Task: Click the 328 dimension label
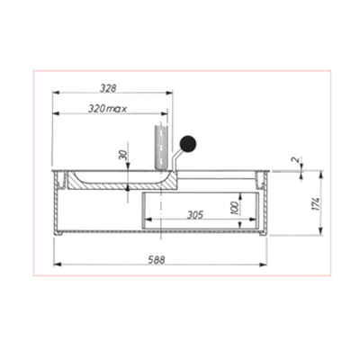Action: (108, 88)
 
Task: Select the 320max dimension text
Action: (107, 108)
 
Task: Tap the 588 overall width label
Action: (157, 260)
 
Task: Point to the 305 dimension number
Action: (195, 215)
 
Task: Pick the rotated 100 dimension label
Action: (235, 208)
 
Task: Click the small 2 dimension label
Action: (296, 159)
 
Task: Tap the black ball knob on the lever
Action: (188, 143)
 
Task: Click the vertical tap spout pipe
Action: (161, 148)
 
